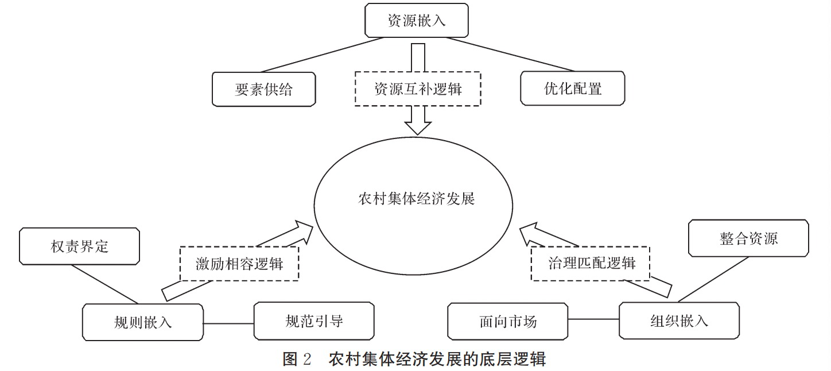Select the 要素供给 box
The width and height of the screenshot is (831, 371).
tap(263, 90)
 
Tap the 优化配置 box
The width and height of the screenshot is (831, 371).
tap(572, 88)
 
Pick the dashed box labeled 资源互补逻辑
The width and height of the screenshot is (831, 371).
tap(417, 90)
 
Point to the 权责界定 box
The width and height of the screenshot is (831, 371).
tap(79, 248)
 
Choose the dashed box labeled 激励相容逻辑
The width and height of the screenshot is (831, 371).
tap(239, 264)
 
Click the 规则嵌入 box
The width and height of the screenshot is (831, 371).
tap(143, 322)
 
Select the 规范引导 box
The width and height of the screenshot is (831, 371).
tap(314, 320)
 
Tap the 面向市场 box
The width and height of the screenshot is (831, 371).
tap(507, 320)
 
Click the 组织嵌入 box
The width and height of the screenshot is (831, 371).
tap(679, 320)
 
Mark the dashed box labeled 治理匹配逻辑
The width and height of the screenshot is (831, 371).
tap(591, 264)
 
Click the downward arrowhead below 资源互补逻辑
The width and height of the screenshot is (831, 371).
tap(418, 127)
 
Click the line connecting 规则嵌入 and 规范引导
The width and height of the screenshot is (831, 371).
tap(229, 323)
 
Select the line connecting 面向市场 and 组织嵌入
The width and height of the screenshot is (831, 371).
tap(593, 319)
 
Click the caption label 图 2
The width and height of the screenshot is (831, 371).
tap(297, 360)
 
